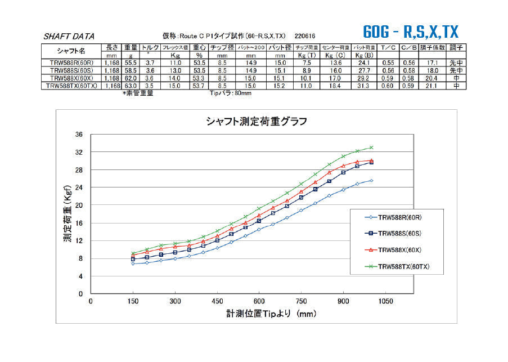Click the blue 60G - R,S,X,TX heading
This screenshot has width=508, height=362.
411,31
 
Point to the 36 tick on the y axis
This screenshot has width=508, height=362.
79,135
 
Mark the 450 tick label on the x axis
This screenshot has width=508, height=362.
217,302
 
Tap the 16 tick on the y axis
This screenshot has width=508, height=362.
79,223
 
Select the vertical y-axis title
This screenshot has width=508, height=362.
67,214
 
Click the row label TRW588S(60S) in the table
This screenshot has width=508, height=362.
70,70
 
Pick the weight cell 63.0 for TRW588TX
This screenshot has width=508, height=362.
131,86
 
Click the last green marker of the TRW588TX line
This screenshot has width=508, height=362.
371,148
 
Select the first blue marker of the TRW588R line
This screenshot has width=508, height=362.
133,263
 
